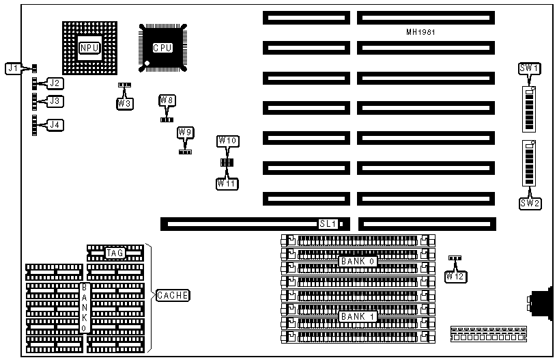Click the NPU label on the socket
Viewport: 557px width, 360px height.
[x=89, y=48]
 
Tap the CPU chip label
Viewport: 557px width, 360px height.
[x=162, y=48]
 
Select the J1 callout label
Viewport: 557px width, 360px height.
[x=13, y=68]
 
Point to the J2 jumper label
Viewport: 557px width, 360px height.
[x=55, y=83]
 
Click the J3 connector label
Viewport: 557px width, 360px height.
[x=55, y=101]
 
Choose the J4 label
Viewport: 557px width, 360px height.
[x=55, y=125]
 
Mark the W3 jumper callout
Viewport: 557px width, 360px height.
[x=124, y=103]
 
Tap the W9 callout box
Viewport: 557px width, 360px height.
[x=185, y=132]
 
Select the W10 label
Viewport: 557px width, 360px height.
[x=227, y=141]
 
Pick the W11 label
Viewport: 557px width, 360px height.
[x=227, y=183]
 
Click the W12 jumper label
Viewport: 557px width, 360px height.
[x=455, y=277]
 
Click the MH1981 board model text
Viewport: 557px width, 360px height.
[x=420, y=32]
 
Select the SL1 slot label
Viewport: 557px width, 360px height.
[x=328, y=223]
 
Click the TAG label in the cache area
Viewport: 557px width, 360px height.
[x=115, y=253]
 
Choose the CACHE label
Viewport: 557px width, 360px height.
[x=173, y=296]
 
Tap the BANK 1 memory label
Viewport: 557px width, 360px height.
[x=358, y=317]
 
